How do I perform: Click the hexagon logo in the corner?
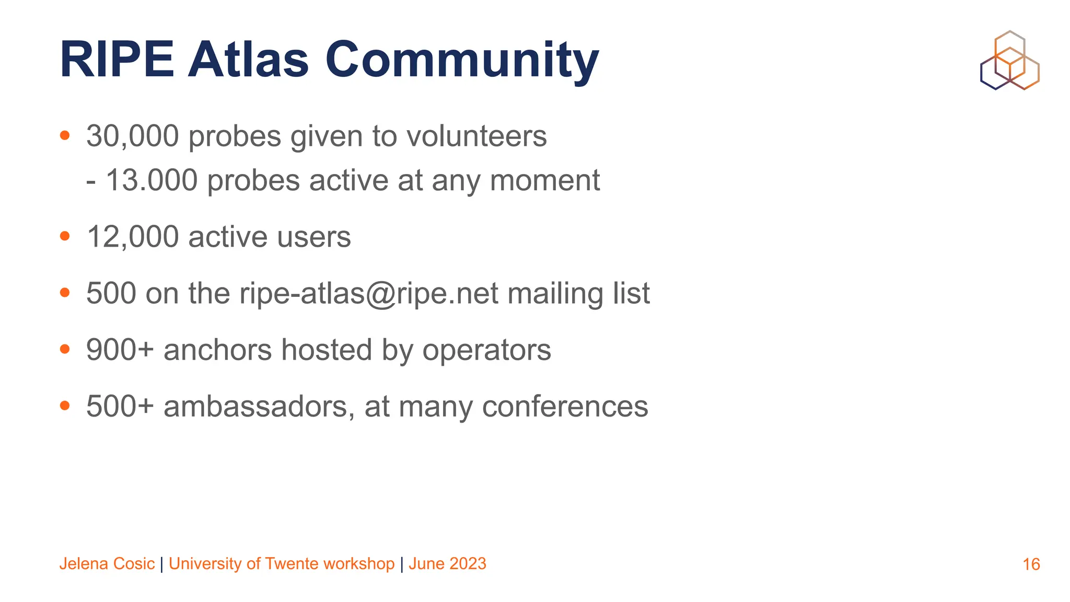coord(1009,61)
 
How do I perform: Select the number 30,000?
coord(133,136)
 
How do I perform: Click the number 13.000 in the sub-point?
coord(152,181)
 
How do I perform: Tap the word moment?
coord(544,181)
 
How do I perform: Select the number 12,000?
coord(133,237)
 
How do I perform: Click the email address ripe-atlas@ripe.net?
coord(369,294)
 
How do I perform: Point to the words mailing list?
coord(578,294)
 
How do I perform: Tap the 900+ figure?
coord(120,350)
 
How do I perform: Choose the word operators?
coord(486,350)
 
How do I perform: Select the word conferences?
coord(565,407)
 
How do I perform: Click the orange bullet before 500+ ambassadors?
coord(65,406)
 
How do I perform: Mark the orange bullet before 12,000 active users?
coord(65,236)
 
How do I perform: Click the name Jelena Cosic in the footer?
coord(107,564)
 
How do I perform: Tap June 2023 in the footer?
coord(447,564)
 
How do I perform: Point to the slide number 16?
coord(1031,564)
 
